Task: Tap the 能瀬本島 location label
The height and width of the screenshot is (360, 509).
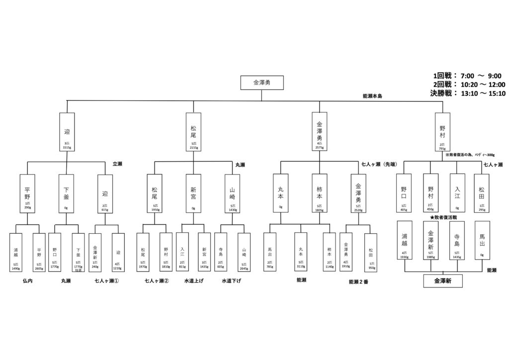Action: (x=375, y=95)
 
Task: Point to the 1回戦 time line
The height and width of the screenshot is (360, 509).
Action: (x=467, y=76)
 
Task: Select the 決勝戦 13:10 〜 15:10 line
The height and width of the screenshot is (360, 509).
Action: (x=467, y=93)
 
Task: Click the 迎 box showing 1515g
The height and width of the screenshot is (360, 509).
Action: (x=67, y=132)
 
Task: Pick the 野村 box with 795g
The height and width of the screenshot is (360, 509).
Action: (x=442, y=132)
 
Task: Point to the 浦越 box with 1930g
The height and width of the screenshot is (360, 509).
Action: (x=404, y=240)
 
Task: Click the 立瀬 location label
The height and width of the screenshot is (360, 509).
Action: (x=117, y=164)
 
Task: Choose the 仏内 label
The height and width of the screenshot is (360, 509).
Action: (x=27, y=280)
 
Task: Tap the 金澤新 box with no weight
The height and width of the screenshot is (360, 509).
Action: (x=443, y=281)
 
